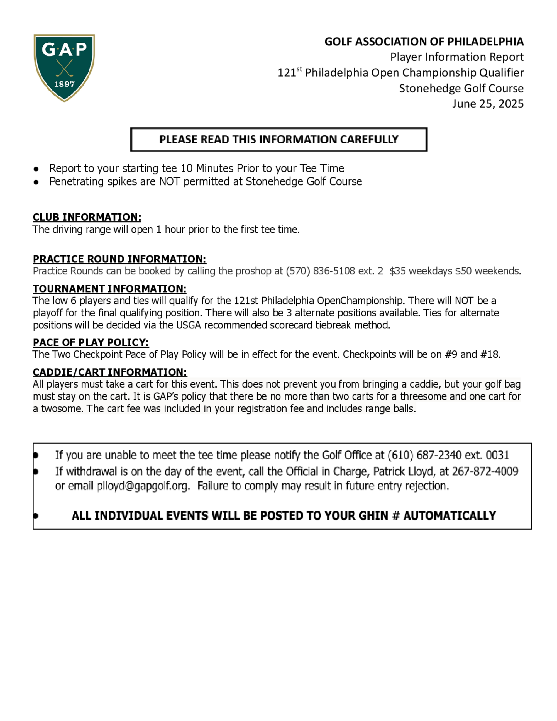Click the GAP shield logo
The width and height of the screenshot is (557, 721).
click(64, 67)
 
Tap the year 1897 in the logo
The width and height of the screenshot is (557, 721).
click(64, 84)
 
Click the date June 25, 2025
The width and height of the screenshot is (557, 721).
click(488, 104)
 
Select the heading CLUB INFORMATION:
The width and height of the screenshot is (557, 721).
click(87, 217)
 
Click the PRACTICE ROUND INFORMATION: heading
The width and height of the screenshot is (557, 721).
click(119, 259)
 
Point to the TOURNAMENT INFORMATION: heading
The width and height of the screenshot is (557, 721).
click(109, 289)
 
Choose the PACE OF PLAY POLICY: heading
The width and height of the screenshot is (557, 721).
click(91, 343)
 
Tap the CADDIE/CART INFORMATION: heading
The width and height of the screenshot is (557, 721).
click(110, 372)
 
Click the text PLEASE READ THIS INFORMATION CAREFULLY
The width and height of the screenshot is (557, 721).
click(279, 140)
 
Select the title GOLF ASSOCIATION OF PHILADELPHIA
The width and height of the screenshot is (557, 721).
click(424, 42)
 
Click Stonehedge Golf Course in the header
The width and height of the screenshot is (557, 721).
click(461, 89)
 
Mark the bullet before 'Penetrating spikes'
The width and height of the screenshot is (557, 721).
click(36, 182)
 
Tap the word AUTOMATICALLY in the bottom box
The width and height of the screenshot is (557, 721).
click(449, 516)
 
